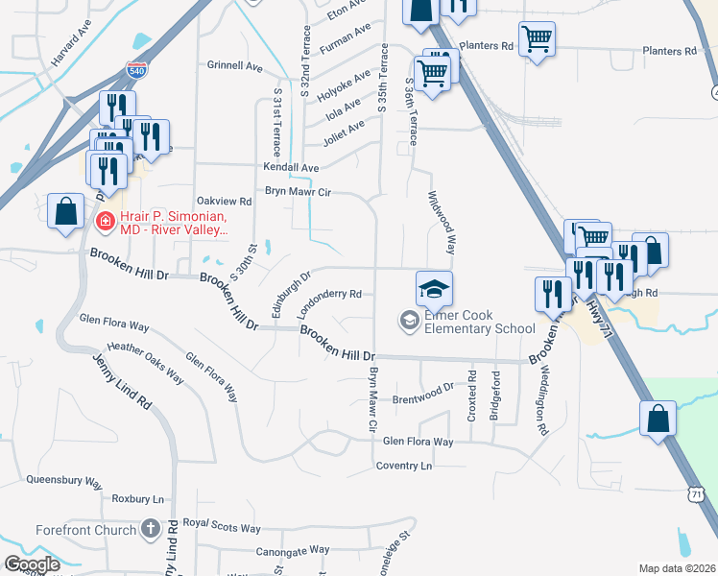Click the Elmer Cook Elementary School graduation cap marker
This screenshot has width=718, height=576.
tap(434, 288)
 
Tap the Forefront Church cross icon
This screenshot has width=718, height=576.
tap(149, 529)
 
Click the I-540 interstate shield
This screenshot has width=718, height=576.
tap(136, 70)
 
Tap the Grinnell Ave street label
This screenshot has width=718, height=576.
tap(235, 67)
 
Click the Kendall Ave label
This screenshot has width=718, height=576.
tap(291, 168)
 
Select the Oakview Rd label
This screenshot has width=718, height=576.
tap(224, 202)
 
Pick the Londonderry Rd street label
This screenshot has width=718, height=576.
tap(330, 300)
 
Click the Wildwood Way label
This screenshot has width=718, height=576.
tap(441, 222)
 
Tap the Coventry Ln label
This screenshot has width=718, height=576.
tap(404, 466)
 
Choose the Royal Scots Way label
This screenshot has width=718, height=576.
tap(222, 527)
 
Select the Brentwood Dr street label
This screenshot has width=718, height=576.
tap(422, 393)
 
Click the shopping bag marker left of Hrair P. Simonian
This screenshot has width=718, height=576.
tap(64, 212)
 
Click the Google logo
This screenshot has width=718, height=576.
tap(32, 564)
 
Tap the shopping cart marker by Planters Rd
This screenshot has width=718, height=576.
tap(537, 40)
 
